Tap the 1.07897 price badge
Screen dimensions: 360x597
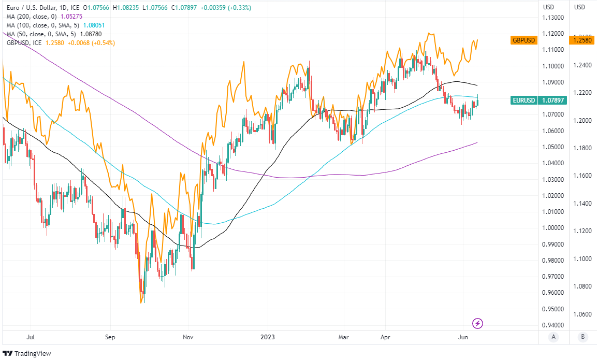pyautogui.click(x=552, y=100)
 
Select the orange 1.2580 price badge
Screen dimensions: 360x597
pyautogui.click(x=582, y=40)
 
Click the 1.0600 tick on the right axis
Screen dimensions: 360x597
pyautogui.click(x=582, y=314)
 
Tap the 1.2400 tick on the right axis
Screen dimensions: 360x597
pyautogui.click(x=582, y=65)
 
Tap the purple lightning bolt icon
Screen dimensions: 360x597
pyautogui.click(x=478, y=324)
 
